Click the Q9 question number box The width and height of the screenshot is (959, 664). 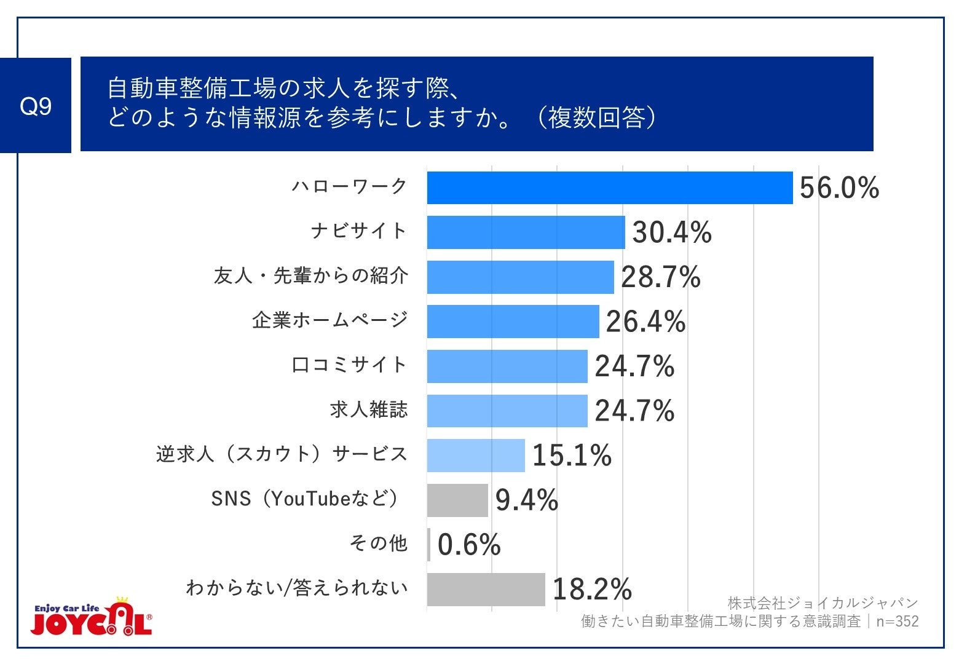tap(36, 106)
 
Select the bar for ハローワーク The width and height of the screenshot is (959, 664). tap(610, 188)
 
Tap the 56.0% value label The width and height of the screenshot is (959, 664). tap(839, 188)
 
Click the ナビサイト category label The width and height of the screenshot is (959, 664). tap(359, 231)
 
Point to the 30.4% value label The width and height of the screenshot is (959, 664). tap(671, 232)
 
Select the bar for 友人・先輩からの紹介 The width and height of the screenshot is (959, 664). tap(520, 277)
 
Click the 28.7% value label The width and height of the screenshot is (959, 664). tap(660, 277)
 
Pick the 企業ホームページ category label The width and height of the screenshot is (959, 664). tap(330, 320)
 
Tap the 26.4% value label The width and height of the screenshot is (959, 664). tap(645, 322)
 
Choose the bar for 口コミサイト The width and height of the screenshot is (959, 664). tap(507, 366)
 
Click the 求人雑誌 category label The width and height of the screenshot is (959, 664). tap(369, 409)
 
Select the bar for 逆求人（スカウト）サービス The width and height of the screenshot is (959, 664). tap(476, 456)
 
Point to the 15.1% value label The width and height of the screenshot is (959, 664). tap(572, 456)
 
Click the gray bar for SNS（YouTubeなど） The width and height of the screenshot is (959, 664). tap(457, 500)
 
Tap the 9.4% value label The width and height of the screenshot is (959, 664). tap(526, 500)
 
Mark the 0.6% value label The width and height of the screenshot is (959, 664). tap(469, 545)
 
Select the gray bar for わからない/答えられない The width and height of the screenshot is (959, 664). tap(486, 590)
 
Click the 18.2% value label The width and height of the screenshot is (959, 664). tap(591, 590)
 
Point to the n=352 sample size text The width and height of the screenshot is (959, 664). tap(897, 622)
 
